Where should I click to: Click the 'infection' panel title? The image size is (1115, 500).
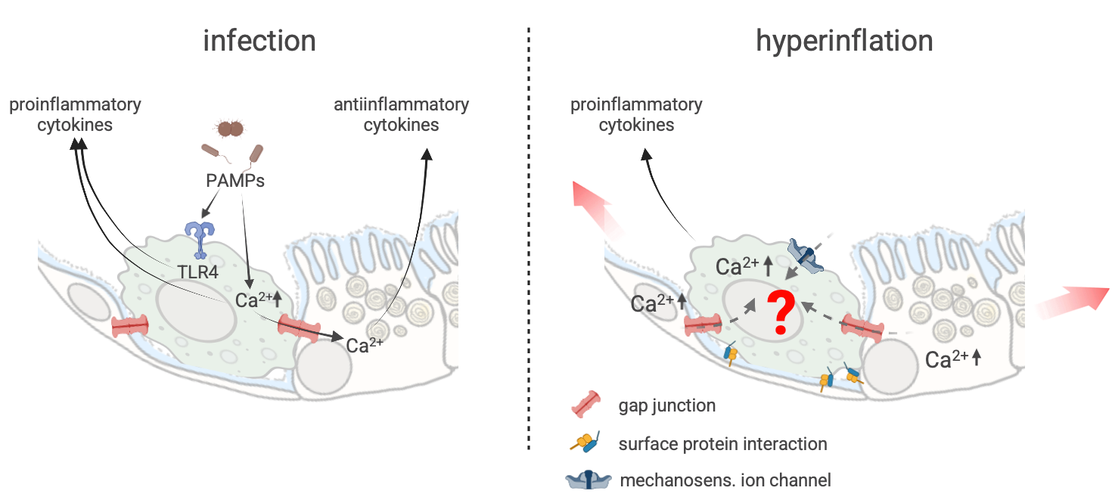point(259,41)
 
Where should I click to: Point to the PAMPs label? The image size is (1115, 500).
point(234,182)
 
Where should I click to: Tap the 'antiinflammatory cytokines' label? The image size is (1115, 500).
point(401,114)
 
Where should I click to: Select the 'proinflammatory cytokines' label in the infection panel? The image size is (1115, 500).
point(75,114)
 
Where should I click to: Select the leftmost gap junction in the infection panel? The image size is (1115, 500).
point(131,327)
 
